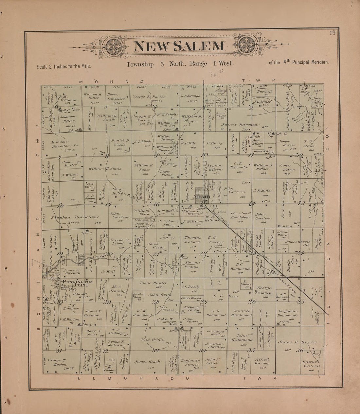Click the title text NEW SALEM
coord(179,46)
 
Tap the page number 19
coord(333,32)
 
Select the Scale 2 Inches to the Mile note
coord(64,66)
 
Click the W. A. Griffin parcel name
coord(153,340)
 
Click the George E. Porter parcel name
coord(149,97)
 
